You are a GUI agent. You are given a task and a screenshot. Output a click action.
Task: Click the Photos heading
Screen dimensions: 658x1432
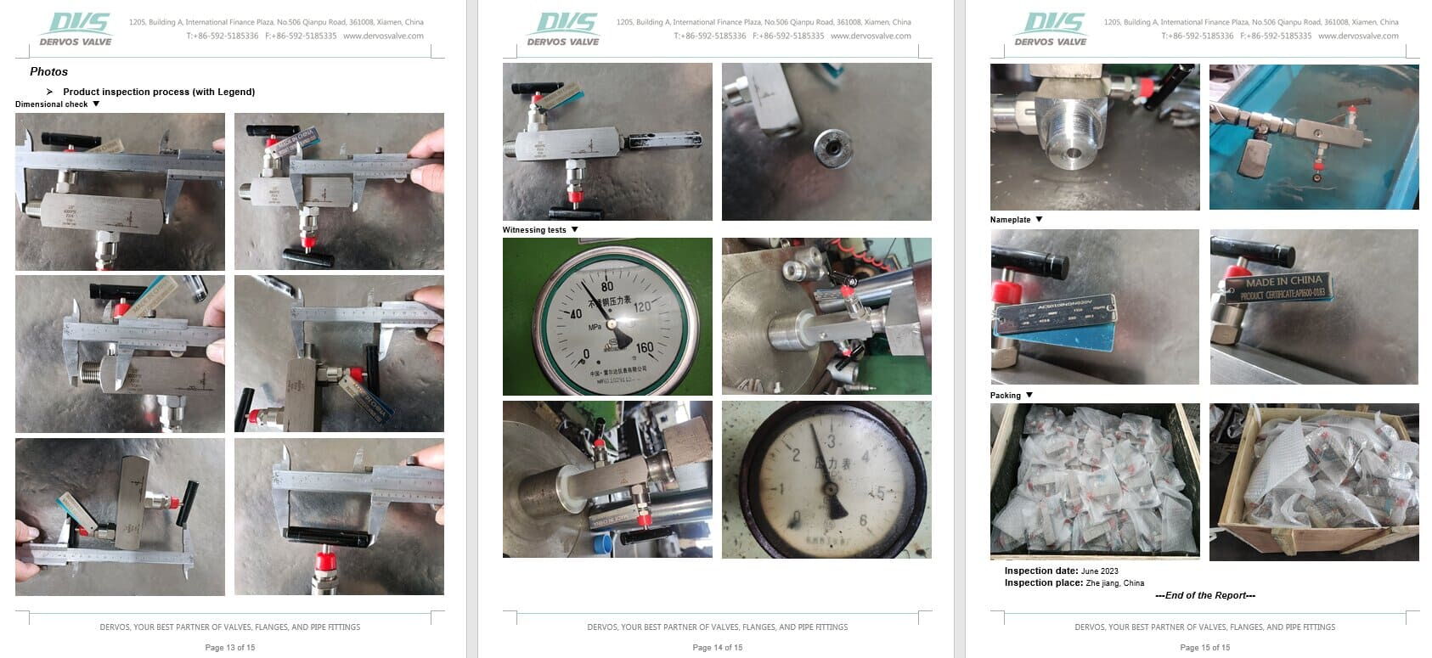(48, 72)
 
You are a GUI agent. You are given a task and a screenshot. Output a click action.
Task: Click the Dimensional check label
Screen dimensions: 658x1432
(51, 104)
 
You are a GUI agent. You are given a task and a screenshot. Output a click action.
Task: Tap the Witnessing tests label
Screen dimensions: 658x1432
(533, 230)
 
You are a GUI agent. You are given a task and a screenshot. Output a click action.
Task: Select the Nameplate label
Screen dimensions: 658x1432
(1010, 220)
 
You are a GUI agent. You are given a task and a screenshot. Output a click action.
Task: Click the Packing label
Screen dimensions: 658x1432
(1005, 396)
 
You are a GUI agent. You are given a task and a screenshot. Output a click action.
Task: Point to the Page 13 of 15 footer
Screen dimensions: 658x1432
(229, 648)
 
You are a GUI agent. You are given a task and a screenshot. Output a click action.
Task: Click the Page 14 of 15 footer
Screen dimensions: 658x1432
(717, 648)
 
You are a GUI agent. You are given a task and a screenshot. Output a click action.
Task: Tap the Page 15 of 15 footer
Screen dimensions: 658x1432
(1204, 648)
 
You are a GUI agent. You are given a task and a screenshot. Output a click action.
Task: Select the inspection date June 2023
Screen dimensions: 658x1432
(1099, 571)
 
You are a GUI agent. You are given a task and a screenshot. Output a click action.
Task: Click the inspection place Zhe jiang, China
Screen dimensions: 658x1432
(1114, 583)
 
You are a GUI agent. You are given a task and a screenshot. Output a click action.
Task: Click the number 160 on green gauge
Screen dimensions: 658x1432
(644, 347)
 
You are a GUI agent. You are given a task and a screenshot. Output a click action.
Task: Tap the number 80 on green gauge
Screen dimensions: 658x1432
(606, 286)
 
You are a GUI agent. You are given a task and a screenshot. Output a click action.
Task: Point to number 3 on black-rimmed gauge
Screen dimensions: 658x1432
(830, 441)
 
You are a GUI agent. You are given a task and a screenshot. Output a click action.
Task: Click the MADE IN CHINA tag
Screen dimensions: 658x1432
(1283, 282)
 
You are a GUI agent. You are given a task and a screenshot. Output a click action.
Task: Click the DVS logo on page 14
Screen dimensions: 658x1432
(562, 28)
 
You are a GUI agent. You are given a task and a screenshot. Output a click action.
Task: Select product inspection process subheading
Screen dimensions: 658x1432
(158, 92)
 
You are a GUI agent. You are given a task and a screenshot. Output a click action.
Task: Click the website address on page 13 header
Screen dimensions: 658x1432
(383, 37)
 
